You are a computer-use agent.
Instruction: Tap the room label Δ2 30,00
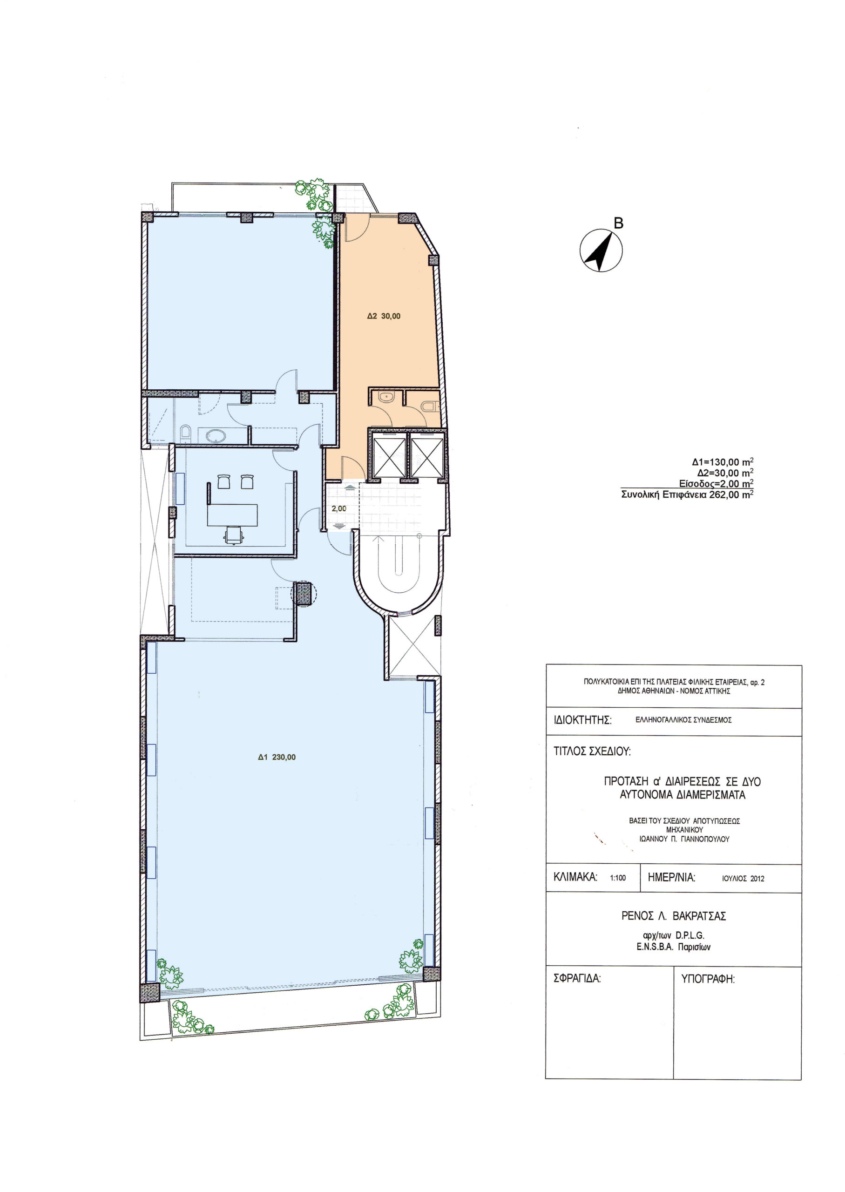point(384,316)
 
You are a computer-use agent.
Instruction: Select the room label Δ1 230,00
point(277,757)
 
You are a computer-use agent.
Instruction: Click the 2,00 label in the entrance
point(339,508)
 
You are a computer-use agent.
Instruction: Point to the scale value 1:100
point(618,878)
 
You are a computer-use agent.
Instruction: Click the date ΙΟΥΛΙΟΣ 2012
point(743,878)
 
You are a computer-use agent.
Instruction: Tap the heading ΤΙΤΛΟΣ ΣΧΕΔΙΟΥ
point(592,752)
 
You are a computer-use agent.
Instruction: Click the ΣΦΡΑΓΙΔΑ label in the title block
point(577,979)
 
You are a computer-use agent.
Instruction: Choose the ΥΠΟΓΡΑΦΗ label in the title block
point(708,979)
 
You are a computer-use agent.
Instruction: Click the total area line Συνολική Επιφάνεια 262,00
point(687,494)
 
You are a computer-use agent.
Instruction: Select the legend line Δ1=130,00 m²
point(723,461)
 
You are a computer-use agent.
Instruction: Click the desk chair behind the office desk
point(234,535)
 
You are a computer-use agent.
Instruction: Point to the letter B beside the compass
point(618,223)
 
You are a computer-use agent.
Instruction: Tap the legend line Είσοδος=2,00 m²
point(717,484)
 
